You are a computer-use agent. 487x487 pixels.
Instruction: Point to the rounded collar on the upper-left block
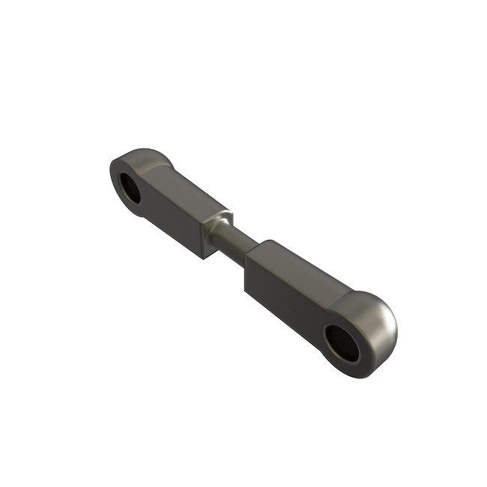(x=220, y=222)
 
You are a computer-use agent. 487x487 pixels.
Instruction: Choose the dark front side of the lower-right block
(x=285, y=300)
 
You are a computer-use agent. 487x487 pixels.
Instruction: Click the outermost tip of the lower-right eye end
(x=396, y=330)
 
